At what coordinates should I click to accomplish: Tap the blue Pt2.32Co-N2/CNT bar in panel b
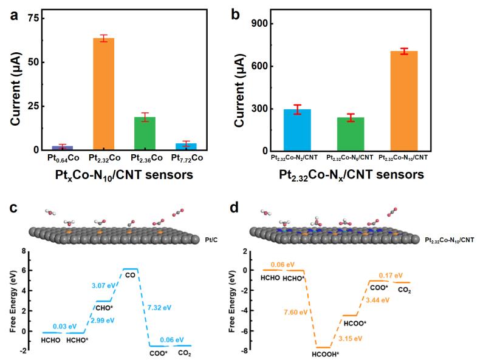[298, 131]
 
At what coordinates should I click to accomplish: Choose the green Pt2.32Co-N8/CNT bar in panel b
[351, 134]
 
